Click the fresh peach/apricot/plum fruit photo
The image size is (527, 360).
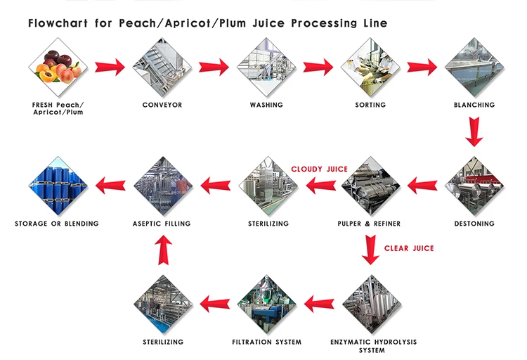(x=58, y=67)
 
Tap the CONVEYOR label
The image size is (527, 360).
(x=162, y=105)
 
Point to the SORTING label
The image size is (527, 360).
(x=370, y=105)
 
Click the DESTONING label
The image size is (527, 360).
(x=474, y=224)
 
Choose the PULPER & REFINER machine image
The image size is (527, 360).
(x=370, y=186)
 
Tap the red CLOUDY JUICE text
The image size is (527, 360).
(x=320, y=169)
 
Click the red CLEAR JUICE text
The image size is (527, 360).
(x=409, y=248)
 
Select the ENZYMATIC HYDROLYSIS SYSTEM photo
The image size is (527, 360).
(x=370, y=304)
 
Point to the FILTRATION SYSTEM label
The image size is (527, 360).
(x=266, y=342)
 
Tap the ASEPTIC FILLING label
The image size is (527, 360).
(x=162, y=224)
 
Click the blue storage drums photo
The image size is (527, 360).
(x=58, y=186)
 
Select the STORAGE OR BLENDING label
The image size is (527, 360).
(x=57, y=224)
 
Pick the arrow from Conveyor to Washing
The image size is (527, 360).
(x=214, y=67)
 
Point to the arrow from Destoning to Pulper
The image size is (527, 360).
(x=422, y=186)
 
